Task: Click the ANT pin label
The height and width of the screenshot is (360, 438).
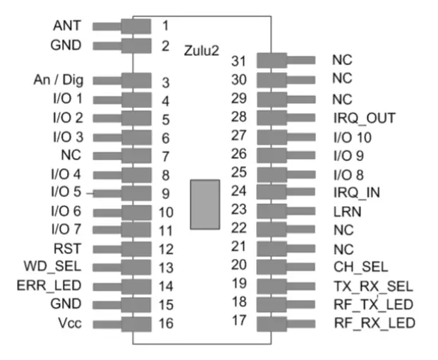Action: (x=67, y=26)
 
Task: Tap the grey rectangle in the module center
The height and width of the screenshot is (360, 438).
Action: (x=205, y=204)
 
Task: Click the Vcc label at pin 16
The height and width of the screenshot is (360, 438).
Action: (x=69, y=323)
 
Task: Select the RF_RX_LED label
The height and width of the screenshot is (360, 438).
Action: (x=373, y=323)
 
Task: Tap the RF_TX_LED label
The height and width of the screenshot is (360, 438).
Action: (x=372, y=304)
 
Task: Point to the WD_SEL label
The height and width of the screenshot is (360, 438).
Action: (x=59, y=267)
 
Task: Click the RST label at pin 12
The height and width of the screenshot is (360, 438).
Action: (x=68, y=248)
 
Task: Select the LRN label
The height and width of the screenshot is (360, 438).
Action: (x=346, y=211)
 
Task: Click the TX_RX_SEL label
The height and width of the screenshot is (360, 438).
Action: (x=372, y=286)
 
